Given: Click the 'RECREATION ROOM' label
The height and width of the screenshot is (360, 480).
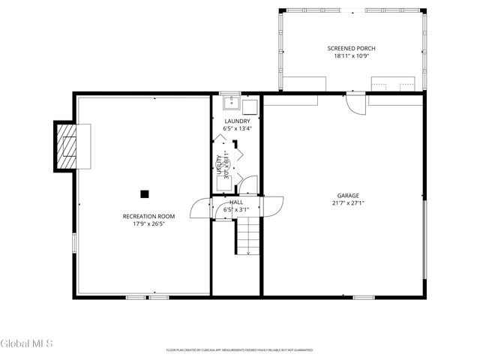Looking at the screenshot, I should (x=143, y=216).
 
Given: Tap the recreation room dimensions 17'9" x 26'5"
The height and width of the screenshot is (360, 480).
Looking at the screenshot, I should (x=143, y=223).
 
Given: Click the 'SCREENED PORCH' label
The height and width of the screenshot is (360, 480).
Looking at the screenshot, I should (x=351, y=48).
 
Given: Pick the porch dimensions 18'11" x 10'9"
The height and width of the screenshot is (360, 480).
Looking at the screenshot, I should (x=351, y=55).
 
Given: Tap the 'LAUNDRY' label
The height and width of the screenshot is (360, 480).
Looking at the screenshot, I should (x=237, y=121).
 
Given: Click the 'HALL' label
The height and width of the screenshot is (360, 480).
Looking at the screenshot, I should (x=236, y=202).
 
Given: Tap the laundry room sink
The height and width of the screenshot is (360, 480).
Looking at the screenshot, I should (x=230, y=103).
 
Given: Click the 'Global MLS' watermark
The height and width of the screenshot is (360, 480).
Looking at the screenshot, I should (x=26, y=344).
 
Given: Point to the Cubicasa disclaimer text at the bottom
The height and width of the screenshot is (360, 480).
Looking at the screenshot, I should (x=239, y=349).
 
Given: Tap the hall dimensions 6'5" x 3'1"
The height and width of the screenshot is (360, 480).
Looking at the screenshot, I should (x=236, y=210).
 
